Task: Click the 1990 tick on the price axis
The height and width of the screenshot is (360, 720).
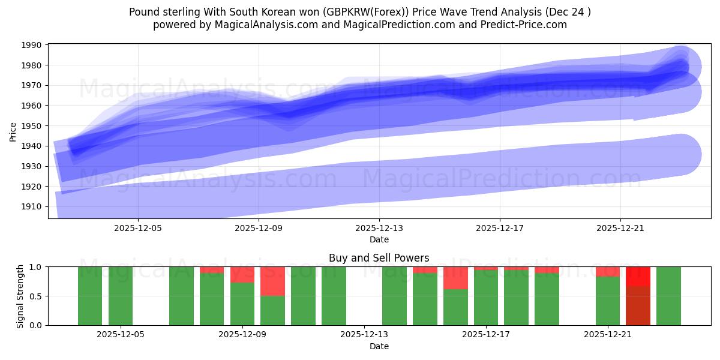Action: tap(32, 46)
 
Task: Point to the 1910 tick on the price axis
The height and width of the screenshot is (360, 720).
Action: tap(32, 206)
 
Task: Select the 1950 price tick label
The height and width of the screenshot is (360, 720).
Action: tap(32, 126)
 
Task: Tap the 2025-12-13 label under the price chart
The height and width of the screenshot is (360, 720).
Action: tap(379, 228)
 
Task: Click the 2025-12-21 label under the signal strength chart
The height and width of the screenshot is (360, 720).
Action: tap(608, 335)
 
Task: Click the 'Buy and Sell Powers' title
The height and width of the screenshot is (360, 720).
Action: tap(379, 258)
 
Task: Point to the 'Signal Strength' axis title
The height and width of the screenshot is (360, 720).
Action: tap(20, 296)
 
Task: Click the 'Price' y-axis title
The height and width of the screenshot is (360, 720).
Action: tap(13, 131)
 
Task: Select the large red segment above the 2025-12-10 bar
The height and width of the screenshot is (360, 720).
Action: tap(272, 281)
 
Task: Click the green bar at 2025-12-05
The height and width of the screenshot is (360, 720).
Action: tap(121, 296)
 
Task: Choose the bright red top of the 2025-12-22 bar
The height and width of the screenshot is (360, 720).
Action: tap(638, 276)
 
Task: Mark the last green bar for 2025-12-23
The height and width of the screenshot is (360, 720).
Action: tap(668, 296)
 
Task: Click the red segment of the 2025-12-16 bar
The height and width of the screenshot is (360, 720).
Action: tap(455, 278)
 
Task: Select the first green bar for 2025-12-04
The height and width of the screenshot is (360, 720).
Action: tap(90, 296)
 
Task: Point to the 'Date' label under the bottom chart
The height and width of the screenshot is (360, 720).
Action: tap(379, 346)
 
